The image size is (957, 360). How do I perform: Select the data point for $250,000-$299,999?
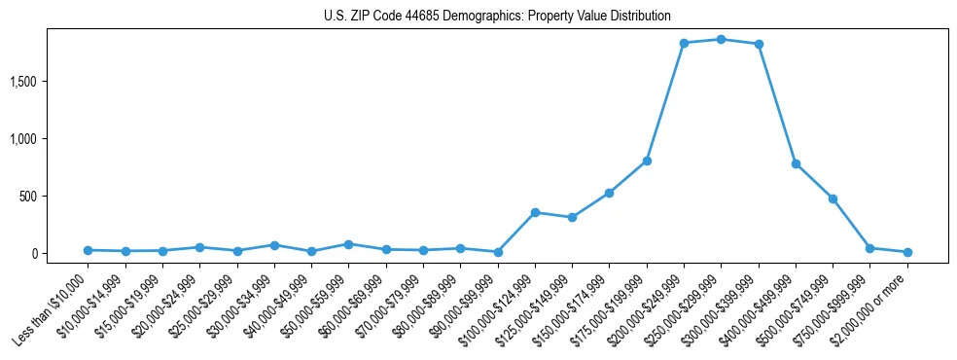coord(721,39)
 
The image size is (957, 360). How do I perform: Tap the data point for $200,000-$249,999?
coord(684,43)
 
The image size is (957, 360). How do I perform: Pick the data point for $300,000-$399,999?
coord(758,44)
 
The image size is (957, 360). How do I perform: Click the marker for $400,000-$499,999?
coord(796,163)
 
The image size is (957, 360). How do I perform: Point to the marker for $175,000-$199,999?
coord(647,161)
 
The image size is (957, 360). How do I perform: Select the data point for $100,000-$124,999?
coord(535,212)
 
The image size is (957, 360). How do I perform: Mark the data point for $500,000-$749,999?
coord(833,198)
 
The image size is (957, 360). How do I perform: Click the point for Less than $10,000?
coord(88,250)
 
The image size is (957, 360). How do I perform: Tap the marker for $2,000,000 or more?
coord(907,252)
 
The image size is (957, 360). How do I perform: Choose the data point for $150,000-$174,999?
coord(609,193)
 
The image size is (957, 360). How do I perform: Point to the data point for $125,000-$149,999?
coord(572,217)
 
